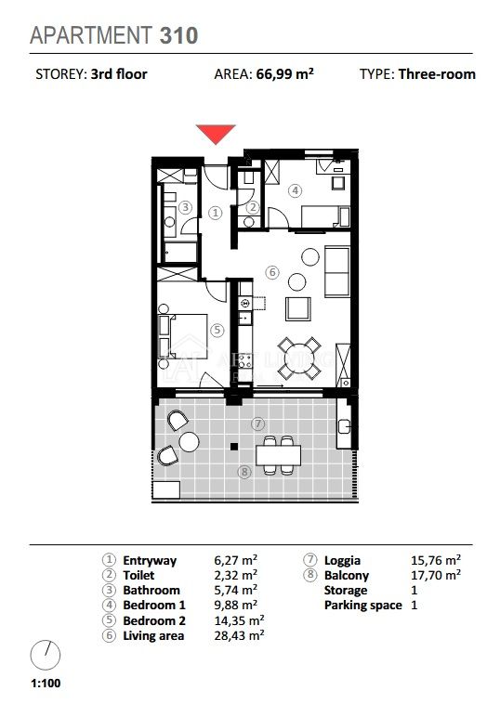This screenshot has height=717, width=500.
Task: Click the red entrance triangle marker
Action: tap(216, 134)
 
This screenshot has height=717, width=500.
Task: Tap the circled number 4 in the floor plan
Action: tap(295, 190)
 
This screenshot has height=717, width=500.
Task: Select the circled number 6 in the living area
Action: tap(272, 272)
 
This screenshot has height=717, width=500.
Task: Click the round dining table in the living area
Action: tap(298, 358)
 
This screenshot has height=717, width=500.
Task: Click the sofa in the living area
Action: tap(337, 271)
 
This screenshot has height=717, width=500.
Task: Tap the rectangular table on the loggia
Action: tap(278, 455)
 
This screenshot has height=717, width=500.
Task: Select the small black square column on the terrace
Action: tap(234, 447)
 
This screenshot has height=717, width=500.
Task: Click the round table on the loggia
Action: tap(189, 442)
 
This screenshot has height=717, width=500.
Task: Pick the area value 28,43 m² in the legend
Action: tap(239, 635)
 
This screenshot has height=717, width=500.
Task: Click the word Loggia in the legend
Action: tap(342, 561)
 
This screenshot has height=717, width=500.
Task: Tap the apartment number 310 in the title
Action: tap(178, 35)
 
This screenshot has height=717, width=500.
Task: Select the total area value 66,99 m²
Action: tap(284, 74)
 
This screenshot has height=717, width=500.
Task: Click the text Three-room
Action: tap(437, 74)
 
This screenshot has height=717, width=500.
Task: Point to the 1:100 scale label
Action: tap(46, 684)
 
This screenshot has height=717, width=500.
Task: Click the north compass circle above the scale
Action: tap(46, 655)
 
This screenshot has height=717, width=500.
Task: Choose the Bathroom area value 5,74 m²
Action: tap(235, 590)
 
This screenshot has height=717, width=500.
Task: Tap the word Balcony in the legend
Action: tap(347, 575)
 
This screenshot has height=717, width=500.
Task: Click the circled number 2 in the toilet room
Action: tap(253, 208)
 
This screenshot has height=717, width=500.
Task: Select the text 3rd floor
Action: tap(119, 74)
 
